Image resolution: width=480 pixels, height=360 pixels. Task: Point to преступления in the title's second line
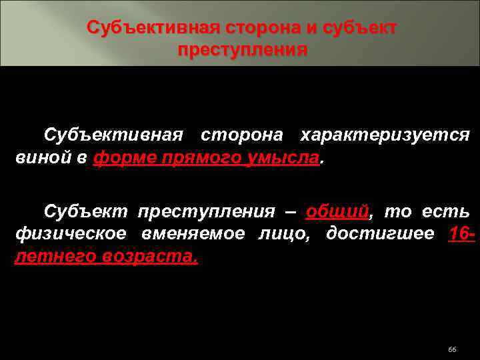243,51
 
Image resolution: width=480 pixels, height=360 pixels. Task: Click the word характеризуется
385,135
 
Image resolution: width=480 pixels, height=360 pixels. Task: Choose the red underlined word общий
337,212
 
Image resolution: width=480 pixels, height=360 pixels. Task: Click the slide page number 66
452,351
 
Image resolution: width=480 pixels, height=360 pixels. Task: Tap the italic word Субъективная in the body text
113,135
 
